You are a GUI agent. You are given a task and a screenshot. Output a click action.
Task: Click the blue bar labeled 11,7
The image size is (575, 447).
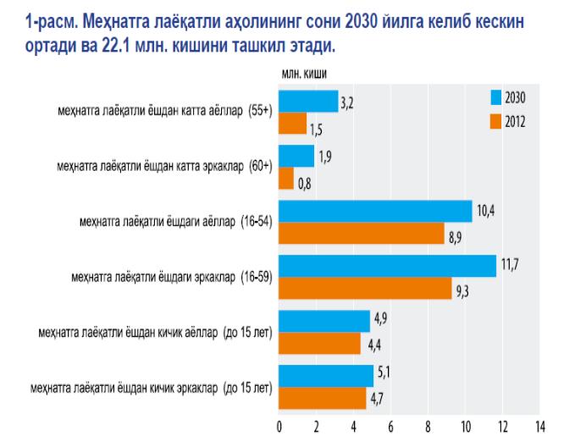point(387,266)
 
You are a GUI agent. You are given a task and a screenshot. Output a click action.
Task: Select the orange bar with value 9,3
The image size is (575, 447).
point(365,289)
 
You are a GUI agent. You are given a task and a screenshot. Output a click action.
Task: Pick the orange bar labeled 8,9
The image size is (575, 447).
point(361,233)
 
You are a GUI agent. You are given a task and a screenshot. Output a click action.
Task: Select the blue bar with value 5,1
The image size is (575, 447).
point(326,375)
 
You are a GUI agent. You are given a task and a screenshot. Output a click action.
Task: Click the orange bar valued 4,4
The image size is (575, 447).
point(319,344)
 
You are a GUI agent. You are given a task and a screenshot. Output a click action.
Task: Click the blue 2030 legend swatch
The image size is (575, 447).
point(495,97)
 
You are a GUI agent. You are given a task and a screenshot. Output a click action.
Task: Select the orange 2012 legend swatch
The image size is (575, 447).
point(495,121)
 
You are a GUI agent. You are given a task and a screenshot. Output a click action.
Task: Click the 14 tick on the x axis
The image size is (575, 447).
point(538,426)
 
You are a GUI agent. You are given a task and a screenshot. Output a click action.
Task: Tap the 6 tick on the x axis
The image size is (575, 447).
point(390,426)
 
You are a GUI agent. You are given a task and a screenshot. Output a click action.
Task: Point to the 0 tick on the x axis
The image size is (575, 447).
point(279,426)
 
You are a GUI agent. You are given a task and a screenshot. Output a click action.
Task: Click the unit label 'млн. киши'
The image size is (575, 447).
point(305,74)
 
